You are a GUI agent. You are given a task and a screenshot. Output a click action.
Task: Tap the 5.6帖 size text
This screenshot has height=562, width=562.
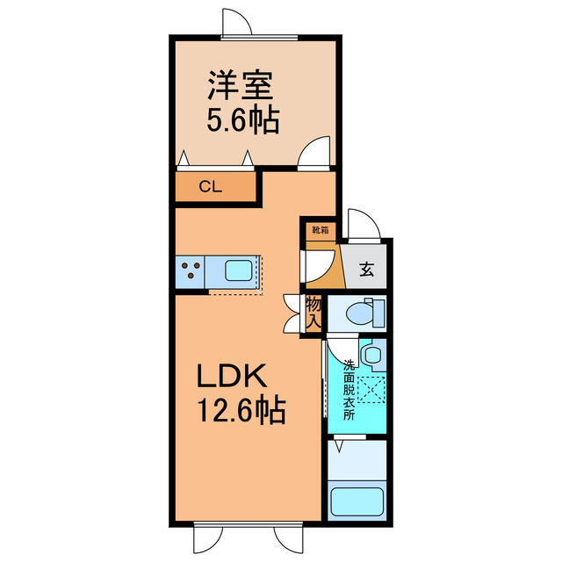(241, 121)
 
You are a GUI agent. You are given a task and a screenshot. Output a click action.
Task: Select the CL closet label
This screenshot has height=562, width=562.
(210, 186)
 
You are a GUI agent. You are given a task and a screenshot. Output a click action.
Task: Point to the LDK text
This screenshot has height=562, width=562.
(230, 378)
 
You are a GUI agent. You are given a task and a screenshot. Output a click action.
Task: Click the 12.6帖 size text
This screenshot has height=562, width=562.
(238, 410)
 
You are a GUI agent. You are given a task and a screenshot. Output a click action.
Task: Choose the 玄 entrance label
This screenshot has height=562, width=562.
(366, 270)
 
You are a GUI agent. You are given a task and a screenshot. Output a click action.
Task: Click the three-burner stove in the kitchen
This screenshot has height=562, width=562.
(191, 270)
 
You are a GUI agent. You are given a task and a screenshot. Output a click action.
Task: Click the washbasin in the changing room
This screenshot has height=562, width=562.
(372, 356)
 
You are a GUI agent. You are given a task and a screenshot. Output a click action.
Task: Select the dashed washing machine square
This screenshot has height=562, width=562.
(372, 387)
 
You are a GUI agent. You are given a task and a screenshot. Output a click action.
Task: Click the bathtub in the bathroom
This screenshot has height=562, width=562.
(359, 502)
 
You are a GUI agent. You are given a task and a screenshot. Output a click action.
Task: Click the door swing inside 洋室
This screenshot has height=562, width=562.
(313, 153)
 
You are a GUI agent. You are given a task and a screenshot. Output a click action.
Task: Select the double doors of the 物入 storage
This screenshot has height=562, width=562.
(292, 313)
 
